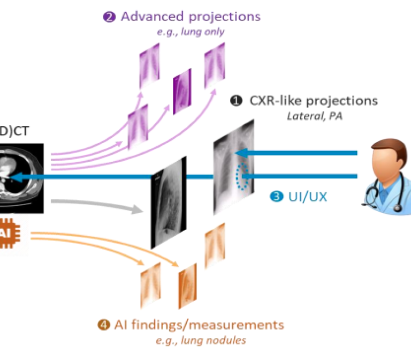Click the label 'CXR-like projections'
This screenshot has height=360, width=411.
click(313, 101)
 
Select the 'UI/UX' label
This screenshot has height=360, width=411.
click(306, 197)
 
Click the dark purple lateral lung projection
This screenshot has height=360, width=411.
click(182, 88)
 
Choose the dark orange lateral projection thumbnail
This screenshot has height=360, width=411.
click(187, 282)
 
